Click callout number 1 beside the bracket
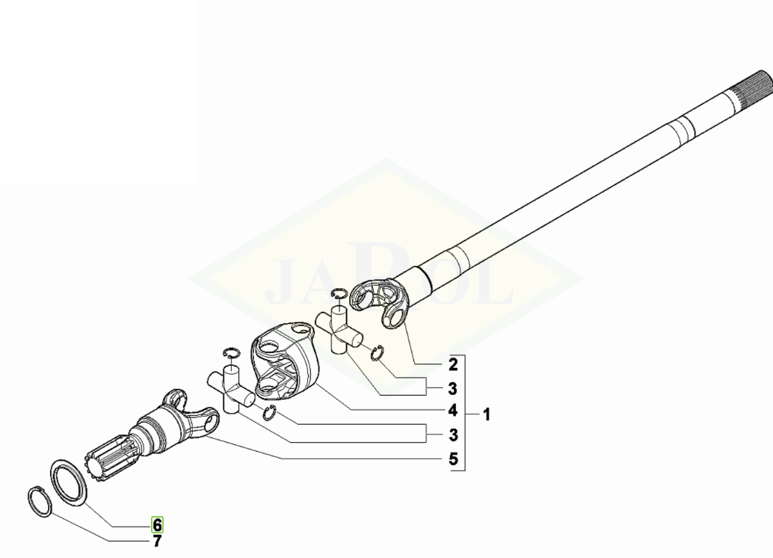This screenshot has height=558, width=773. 486,414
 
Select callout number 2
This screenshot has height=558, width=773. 453,364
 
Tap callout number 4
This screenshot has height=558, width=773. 453,410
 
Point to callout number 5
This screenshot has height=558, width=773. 453,459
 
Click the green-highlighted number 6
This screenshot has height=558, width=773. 157,524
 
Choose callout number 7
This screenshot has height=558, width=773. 157,542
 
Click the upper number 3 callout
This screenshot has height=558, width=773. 453,389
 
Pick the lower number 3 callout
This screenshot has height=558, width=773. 453,435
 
